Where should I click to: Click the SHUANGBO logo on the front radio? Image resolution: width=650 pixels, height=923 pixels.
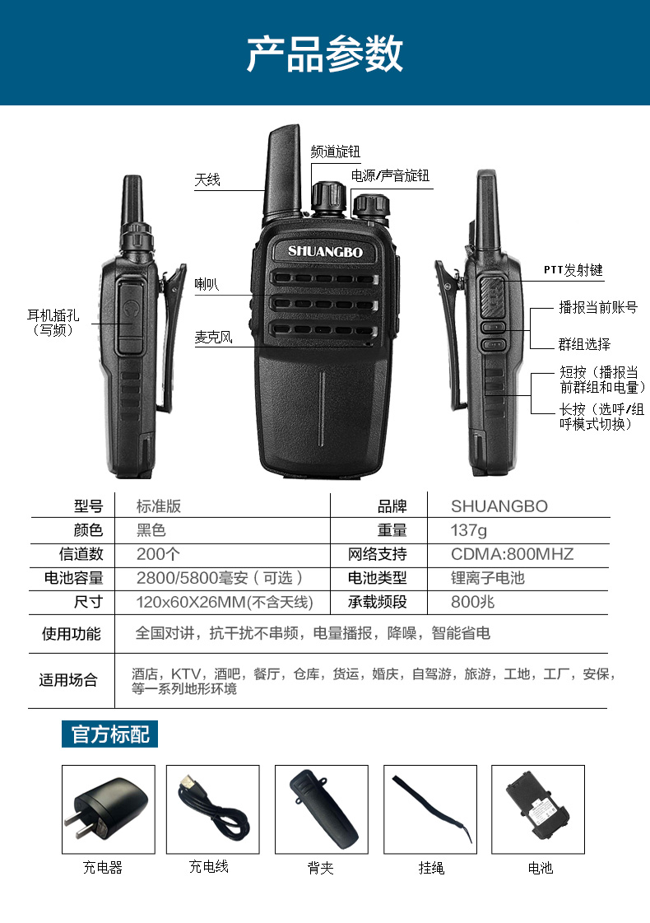[x=319, y=251]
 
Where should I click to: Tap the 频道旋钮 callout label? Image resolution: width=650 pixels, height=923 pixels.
[x=335, y=152]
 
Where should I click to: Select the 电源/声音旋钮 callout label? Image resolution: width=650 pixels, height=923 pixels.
[x=390, y=176]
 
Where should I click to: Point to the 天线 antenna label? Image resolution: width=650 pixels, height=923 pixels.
[x=207, y=179]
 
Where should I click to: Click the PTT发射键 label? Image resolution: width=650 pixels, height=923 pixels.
[x=573, y=270]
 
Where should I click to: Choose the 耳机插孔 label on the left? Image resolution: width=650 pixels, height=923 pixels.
[x=53, y=322]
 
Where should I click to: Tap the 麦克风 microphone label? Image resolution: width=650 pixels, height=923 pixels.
[x=213, y=337]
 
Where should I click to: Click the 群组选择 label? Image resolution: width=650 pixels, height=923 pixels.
[x=585, y=344]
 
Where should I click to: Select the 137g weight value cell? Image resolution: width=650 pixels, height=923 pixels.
[x=469, y=530]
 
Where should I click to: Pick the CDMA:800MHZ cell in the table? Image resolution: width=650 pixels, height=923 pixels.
[x=512, y=554]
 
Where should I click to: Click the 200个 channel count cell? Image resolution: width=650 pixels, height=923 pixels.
[x=152, y=554]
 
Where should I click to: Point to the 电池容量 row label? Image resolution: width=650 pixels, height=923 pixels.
[x=73, y=578]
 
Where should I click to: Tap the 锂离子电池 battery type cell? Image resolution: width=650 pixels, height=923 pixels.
[x=487, y=578]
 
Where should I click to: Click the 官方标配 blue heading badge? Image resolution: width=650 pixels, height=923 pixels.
[x=110, y=734]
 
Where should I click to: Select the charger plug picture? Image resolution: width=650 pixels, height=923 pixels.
[x=109, y=809]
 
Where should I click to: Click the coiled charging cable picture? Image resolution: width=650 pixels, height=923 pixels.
[x=212, y=809]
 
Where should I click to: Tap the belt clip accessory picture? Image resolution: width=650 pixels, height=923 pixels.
[x=321, y=809]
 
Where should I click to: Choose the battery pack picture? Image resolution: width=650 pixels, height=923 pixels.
[x=538, y=809]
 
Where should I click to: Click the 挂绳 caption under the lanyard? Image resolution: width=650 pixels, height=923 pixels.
[x=431, y=868]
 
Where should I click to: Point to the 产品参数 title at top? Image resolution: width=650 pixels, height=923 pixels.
[x=325, y=54]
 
